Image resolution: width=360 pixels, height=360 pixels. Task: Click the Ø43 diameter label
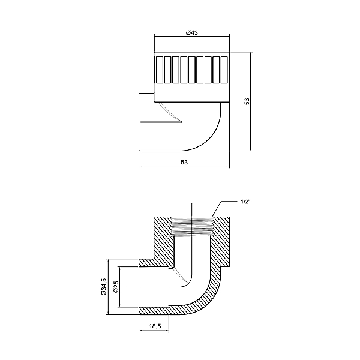[192, 32]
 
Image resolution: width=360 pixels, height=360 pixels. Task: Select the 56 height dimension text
[247, 102]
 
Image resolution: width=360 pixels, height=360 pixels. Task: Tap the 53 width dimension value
[184, 162]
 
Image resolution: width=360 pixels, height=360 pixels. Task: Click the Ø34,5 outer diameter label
[104, 287]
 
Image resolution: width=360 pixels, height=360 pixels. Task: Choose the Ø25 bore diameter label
[116, 287]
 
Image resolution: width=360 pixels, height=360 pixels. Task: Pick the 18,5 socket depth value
[155, 325]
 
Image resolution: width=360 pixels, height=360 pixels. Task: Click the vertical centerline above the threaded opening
[192, 210]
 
